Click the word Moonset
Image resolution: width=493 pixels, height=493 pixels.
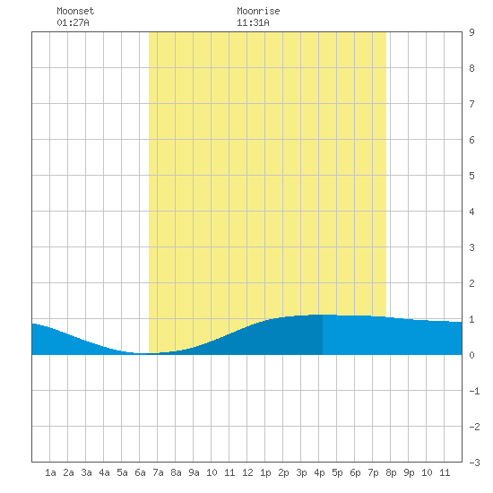pos(75,11)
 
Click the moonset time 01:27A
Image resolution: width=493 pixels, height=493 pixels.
pos(73,22)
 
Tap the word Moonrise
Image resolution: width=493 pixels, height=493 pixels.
pos(258,11)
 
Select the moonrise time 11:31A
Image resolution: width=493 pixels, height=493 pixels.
pos(253,22)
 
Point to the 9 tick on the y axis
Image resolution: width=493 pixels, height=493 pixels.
pos(471,32)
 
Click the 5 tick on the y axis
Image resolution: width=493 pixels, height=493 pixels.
pos(471,176)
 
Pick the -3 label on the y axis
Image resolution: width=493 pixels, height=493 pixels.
pos(474,463)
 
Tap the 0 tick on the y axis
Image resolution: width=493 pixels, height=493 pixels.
pos(471,355)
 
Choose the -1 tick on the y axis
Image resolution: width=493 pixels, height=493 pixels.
pos(474,391)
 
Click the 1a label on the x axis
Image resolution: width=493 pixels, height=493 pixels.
pos(50,472)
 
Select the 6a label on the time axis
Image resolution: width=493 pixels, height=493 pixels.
pos(140,472)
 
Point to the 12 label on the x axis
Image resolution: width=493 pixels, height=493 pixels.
pos(247,472)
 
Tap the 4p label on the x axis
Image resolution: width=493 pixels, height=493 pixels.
pos(319,472)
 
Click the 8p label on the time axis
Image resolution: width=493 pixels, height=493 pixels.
pos(391,472)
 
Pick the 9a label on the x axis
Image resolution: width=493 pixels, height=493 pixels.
pos(194,472)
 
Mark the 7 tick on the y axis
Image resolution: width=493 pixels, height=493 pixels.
pos(471,104)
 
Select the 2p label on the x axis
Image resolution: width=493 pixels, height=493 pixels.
pos(283,472)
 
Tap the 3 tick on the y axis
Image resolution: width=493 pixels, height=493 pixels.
pos(471,247)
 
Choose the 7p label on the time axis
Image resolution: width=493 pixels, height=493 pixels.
pos(373,472)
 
